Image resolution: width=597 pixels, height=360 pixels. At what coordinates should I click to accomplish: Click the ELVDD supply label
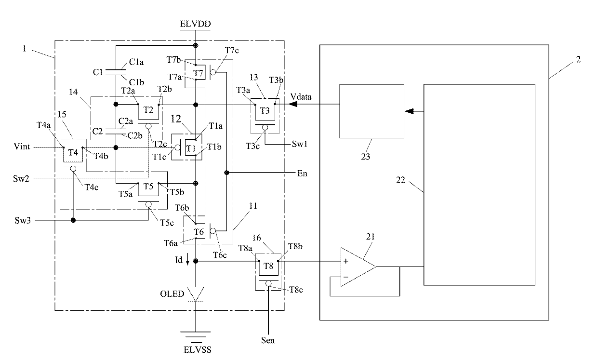[195, 24]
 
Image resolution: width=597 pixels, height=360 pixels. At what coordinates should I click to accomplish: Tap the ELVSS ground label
[198, 349]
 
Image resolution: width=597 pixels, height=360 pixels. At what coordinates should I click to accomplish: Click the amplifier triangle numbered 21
[358, 267]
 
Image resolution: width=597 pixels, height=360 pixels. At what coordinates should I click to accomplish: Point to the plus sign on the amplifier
[345, 261]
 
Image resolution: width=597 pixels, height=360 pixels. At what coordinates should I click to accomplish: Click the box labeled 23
[371, 111]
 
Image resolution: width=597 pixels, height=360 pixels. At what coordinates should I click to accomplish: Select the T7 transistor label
[198, 73]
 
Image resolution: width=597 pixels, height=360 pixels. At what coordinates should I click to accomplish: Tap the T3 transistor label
[265, 110]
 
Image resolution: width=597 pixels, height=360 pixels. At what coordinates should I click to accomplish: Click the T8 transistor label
[268, 266]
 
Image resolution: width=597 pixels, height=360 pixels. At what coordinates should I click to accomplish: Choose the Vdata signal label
[301, 97]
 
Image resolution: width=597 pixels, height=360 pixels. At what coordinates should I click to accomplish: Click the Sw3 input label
[23, 220]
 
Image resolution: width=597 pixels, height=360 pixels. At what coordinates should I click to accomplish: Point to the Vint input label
[22, 147]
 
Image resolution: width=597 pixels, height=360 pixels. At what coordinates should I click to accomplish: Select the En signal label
[302, 173]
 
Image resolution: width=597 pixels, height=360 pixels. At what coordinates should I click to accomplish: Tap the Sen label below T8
[268, 340]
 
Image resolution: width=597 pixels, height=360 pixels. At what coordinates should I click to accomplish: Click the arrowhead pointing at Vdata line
[293, 104]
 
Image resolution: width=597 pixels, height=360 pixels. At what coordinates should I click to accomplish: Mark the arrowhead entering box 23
[409, 111]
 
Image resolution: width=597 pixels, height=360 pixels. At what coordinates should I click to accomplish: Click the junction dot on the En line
[226, 173]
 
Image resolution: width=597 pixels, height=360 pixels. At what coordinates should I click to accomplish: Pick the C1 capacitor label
[98, 72]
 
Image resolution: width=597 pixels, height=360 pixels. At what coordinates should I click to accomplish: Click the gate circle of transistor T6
[212, 231]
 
